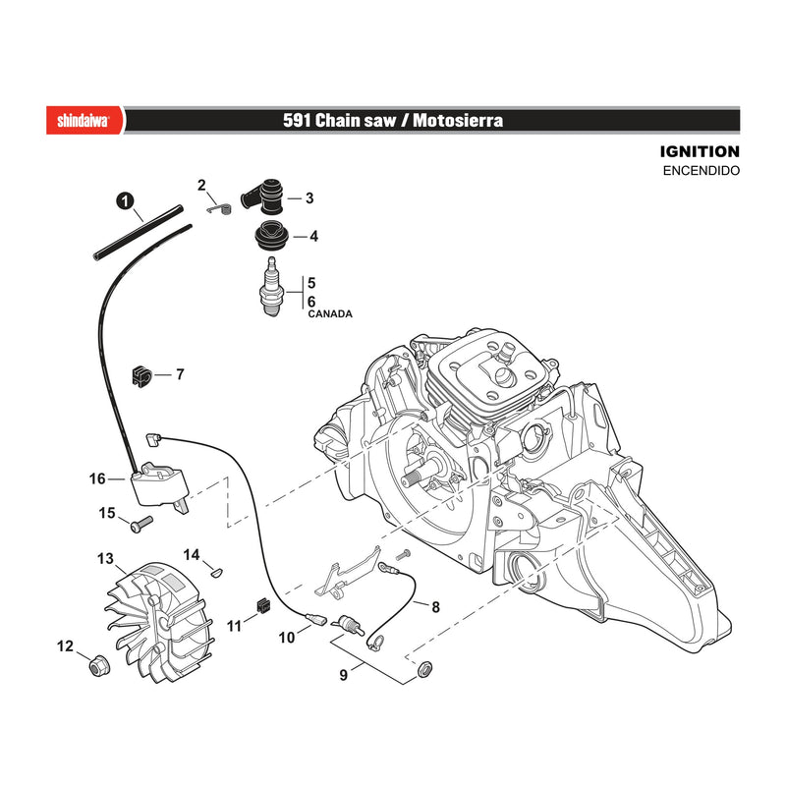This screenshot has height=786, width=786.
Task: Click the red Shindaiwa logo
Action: [x=85, y=120]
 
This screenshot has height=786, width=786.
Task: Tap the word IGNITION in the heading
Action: [x=700, y=151]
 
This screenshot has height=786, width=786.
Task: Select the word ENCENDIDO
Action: [x=701, y=170]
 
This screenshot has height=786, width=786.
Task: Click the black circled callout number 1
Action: [x=125, y=201]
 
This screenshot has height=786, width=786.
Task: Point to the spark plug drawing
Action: [x=271, y=287]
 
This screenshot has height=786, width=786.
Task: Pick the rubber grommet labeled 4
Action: [x=271, y=236]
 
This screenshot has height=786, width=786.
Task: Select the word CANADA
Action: [x=330, y=313]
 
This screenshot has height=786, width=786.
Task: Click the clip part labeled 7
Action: [x=141, y=375]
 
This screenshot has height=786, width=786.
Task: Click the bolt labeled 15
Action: [x=140, y=525]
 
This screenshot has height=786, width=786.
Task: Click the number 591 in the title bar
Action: [x=297, y=120]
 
